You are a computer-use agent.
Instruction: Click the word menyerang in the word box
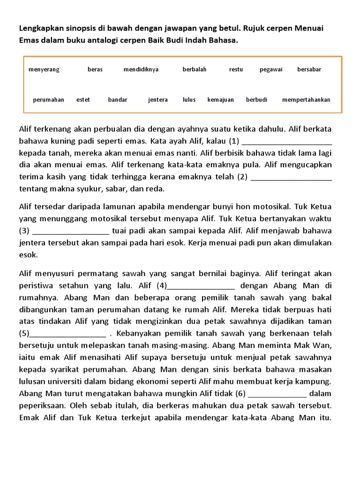44,69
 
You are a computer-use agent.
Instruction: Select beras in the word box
95,69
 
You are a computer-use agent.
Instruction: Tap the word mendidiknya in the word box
141,69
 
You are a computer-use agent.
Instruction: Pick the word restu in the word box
236,69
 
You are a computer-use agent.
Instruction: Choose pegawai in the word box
271,69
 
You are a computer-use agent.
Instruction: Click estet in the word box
83,99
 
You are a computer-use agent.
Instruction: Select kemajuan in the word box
220,99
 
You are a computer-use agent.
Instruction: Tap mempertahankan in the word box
306,99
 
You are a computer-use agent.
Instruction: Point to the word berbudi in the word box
256,99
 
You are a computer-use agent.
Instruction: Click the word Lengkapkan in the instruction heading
39,29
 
